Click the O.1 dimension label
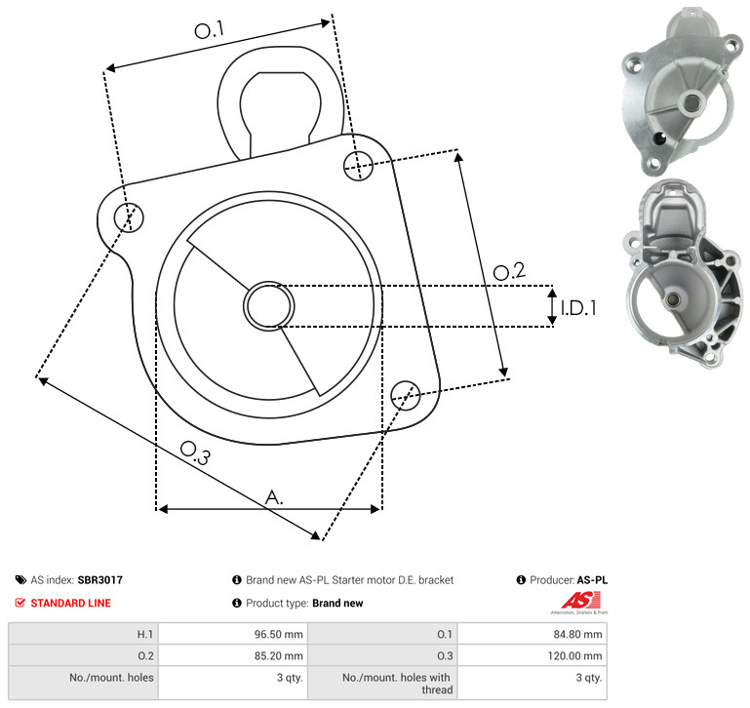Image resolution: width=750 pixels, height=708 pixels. [210, 29]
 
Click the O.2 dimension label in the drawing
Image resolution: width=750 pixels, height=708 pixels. [509, 271]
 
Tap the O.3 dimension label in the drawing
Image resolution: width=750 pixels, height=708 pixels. [195, 452]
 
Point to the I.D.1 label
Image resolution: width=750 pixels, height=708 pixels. [578, 308]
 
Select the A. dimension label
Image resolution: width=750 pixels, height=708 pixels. [274, 497]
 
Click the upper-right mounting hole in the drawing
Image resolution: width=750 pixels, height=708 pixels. [358, 166]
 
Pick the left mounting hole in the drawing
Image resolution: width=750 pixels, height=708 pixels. [129, 217]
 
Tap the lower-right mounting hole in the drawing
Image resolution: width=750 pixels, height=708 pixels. [406, 395]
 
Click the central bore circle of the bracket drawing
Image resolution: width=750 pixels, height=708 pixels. [269, 306]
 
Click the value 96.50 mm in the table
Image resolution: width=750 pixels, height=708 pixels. [278, 634]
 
